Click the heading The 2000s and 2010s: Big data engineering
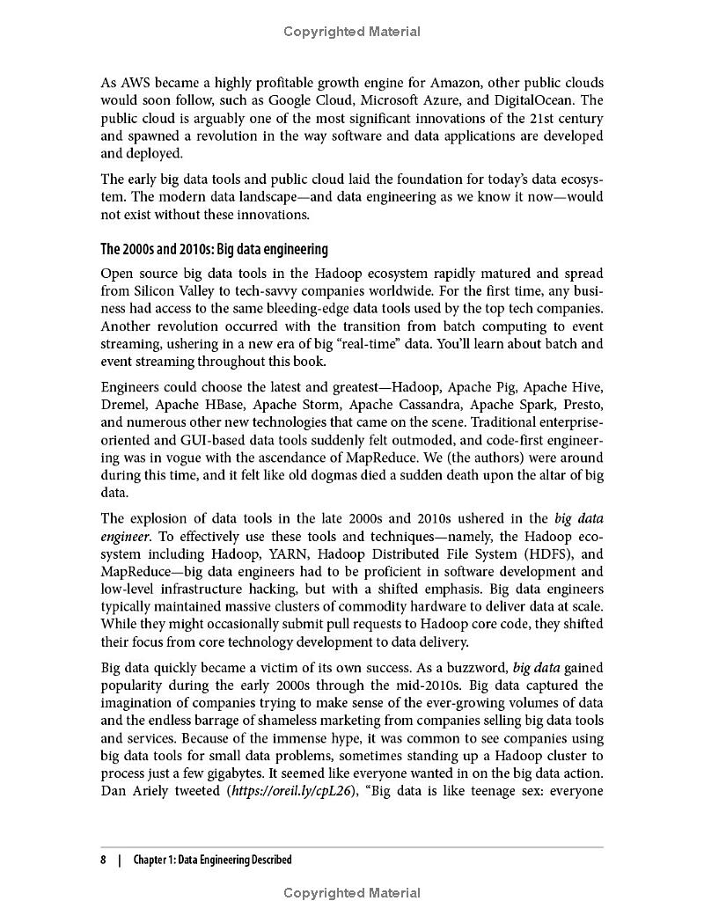[x=214, y=249]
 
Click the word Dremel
[x=124, y=405]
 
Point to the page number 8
[x=104, y=860]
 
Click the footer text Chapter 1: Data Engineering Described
[x=212, y=860]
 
